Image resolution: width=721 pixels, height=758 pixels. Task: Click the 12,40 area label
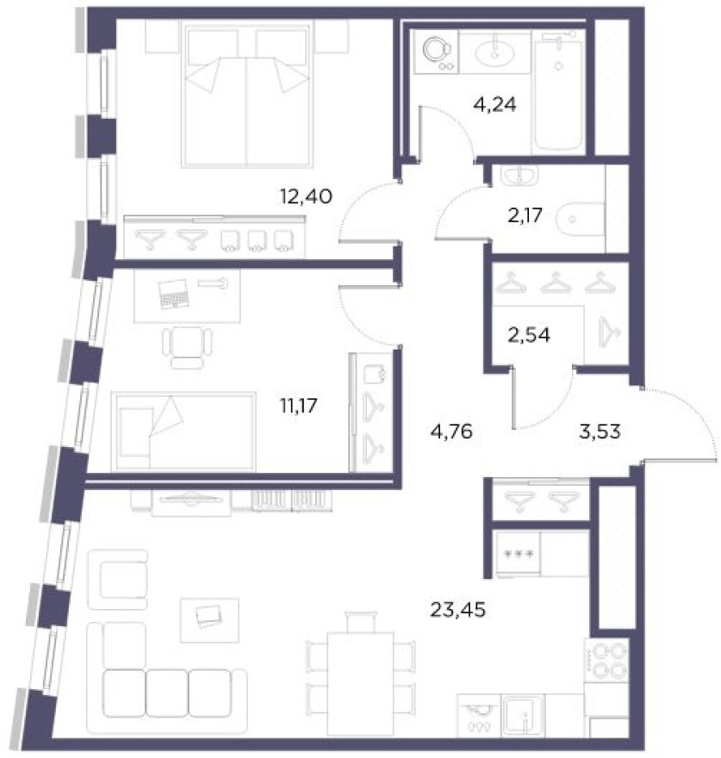coord(306,197)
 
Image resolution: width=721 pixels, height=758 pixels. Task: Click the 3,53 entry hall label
coord(598,428)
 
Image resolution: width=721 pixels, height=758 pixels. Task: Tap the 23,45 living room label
coord(457,611)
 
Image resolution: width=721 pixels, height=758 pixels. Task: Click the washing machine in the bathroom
coord(437,52)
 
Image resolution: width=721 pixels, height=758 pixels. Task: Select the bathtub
coord(560,90)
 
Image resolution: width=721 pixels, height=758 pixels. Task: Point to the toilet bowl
coord(576,220)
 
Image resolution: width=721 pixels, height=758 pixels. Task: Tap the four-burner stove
coord(609,661)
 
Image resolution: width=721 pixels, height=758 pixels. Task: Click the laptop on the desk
coord(173,295)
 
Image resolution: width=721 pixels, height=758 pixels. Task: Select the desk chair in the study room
coord(186,345)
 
